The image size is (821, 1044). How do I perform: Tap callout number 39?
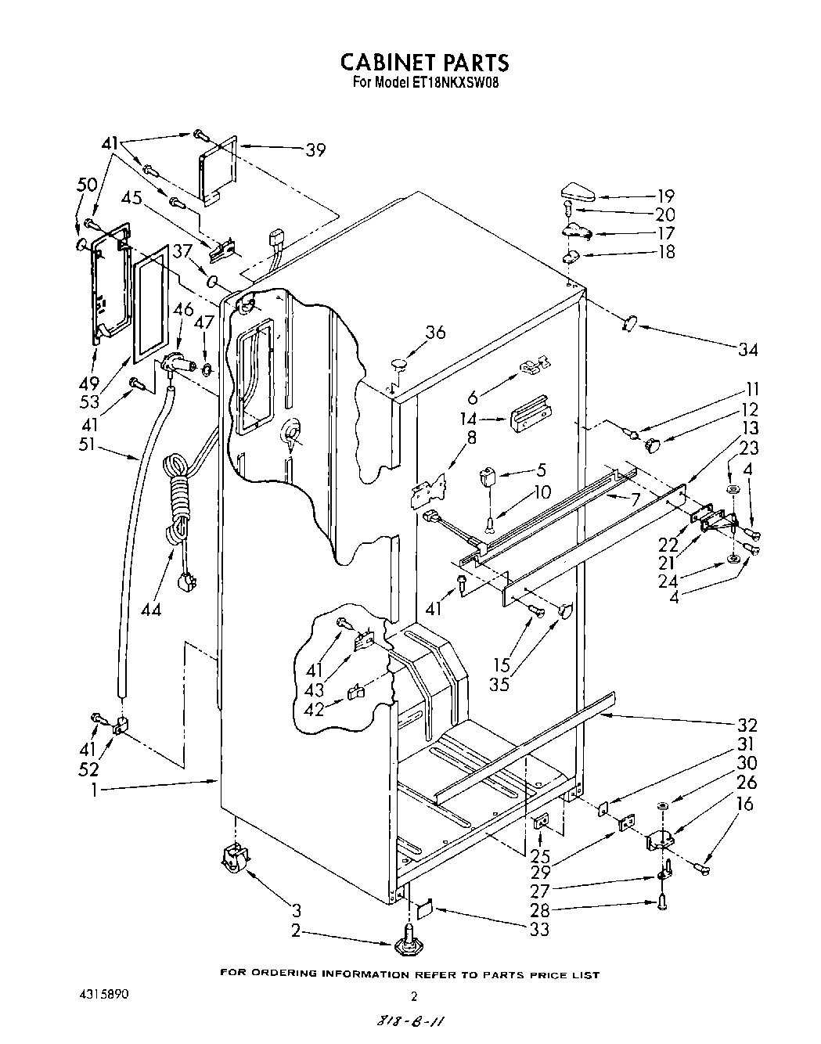click(315, 150)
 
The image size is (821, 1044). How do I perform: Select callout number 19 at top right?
click(665, 196)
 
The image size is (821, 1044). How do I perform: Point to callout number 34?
click(747, 349)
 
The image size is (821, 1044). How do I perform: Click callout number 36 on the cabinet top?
click(435, 333)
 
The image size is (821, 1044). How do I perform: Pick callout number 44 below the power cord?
click(151, 608)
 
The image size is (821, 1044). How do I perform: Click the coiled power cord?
click(176, 501)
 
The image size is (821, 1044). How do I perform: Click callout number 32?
click(747, 725)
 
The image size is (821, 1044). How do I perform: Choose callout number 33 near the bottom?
click(538, 930)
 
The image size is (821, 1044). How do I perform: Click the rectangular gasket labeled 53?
click(149, 302)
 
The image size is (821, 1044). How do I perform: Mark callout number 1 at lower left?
click(95, 790)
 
